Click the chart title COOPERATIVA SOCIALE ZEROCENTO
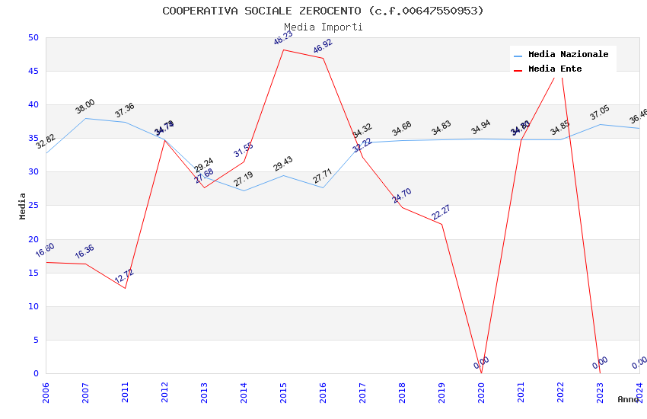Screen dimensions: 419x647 323,11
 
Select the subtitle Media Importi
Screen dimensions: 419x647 323,27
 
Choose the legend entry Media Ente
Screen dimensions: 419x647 555,69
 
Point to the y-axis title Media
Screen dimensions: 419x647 23,206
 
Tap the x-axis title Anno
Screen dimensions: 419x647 628,399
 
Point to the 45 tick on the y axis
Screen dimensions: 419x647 33,72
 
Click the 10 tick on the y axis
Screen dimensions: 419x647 33,307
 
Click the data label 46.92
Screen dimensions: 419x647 323,46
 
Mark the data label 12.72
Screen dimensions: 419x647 124,276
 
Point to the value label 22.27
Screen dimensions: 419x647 441,213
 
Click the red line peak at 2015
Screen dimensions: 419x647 283,50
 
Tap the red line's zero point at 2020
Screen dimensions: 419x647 481,373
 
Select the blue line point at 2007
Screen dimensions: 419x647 85,118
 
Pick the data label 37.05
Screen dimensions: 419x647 600,113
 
